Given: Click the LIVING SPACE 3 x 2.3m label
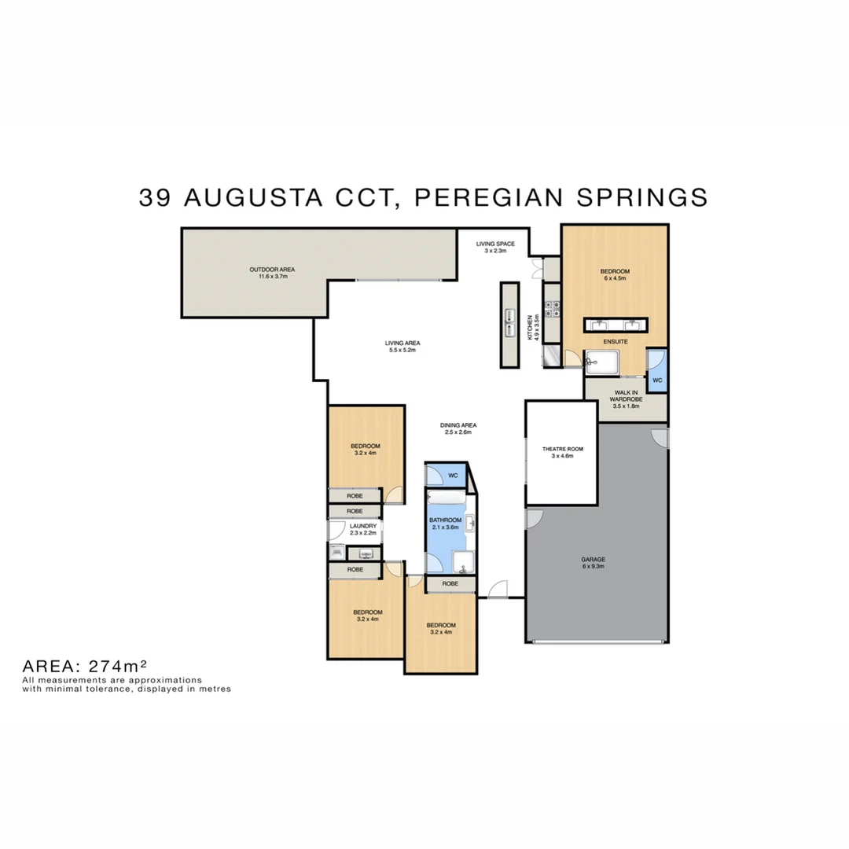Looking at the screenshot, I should [x=495, y=247].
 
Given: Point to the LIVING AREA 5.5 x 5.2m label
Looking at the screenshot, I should [x=402, y=346].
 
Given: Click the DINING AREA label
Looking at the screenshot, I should [x=458, y=428].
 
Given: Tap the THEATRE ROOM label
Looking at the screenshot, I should [x=563, y=452].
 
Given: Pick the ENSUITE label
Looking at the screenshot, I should [x=615, y=342].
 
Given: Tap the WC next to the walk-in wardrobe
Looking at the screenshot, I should [x=657, y=380].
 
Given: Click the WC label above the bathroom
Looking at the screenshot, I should [x=453, y=476].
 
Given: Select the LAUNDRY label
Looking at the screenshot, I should [x=362, y=529].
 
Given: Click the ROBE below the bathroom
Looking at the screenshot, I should [x=450, y=584].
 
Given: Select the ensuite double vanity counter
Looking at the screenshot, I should [x=616, y=325].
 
